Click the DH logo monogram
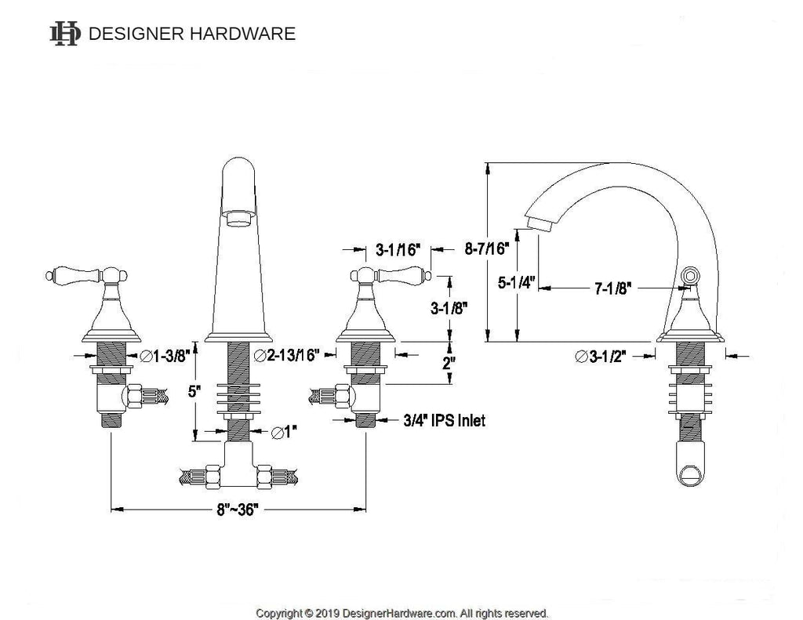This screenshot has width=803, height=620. (64, 34)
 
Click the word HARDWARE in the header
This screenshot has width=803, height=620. (243, 34)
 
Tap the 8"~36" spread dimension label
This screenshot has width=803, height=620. (238, 509)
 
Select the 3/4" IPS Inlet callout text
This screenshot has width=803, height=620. (444, 420)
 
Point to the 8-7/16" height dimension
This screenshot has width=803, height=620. (488, 248)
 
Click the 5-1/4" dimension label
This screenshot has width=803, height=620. (516, 282)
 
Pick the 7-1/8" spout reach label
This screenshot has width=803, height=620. (613, 288)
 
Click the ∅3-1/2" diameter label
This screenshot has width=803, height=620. (601, 357)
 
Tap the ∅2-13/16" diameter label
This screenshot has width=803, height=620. (287, 355)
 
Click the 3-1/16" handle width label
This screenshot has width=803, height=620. (398, 250)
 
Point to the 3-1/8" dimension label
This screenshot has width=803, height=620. (449, 308)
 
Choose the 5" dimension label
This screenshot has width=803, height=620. (194, 392)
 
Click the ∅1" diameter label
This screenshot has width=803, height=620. (285, 433)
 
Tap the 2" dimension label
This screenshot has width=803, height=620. (449, 363)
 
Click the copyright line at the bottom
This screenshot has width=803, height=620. (402, 613)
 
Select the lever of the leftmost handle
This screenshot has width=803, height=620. (74, 276)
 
